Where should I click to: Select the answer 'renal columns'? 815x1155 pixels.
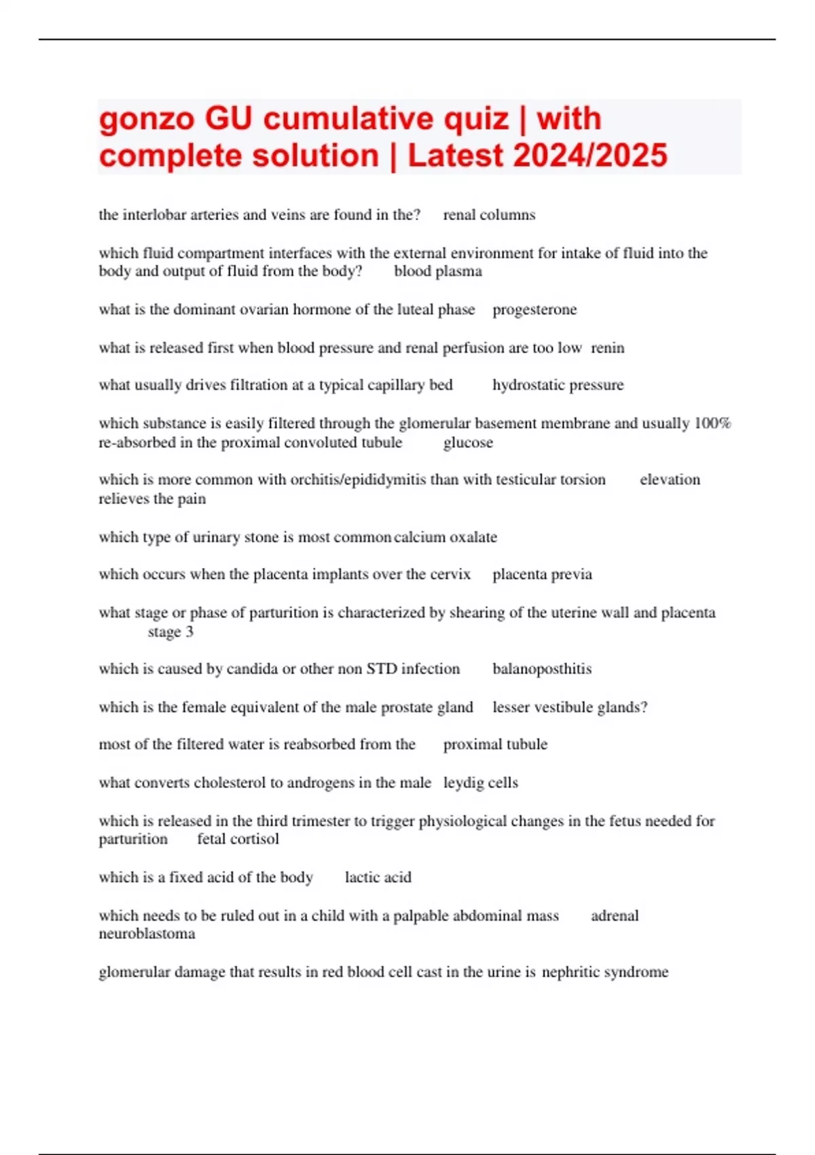coord(489,215)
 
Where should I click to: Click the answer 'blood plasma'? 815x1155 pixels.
coord(438,271)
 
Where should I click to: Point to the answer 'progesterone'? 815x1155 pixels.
coord(535,310)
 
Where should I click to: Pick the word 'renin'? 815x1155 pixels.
coord(607,348)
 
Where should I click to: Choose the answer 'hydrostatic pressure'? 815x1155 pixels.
coord(558,385)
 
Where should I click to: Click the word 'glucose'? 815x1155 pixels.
coord(468,443)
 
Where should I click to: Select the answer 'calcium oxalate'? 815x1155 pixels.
coord(446,537)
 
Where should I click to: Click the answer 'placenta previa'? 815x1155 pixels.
coord(542,575)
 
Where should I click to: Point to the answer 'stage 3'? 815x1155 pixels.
coord(170,632)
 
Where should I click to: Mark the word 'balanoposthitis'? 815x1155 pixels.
coord(542,669)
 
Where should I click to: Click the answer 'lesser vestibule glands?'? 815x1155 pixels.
coord(570,707)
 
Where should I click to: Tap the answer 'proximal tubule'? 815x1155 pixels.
coord(495,745)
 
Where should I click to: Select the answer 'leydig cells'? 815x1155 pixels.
coord(481,783)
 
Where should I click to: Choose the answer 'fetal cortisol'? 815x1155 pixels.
coord(238,839)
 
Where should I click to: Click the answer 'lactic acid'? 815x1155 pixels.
coord(378,877)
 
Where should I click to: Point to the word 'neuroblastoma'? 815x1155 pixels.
coord(147,934)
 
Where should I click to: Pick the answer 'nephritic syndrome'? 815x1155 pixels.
coord(605,972)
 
